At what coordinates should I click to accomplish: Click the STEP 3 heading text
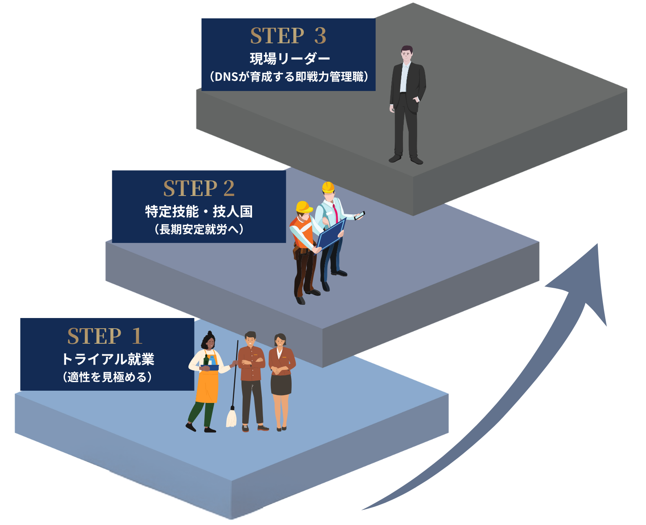click(288, 36)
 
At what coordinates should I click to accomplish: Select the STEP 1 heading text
click(105, 336)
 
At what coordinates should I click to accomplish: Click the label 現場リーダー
click(290, 59)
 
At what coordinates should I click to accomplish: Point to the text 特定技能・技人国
click(199, 211)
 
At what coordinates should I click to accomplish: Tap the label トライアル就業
click(108, 359)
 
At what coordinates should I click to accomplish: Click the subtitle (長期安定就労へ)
click(199, 229)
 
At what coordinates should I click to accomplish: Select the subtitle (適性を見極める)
click(107, 377)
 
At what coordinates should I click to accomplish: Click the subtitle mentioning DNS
click(289, 77)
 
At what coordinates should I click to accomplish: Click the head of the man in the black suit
click(407, 54)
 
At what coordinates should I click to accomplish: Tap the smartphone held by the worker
click(359, 215)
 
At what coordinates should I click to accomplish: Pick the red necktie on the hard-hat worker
click(335, 213)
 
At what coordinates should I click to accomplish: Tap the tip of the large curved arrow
click(597, 244)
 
